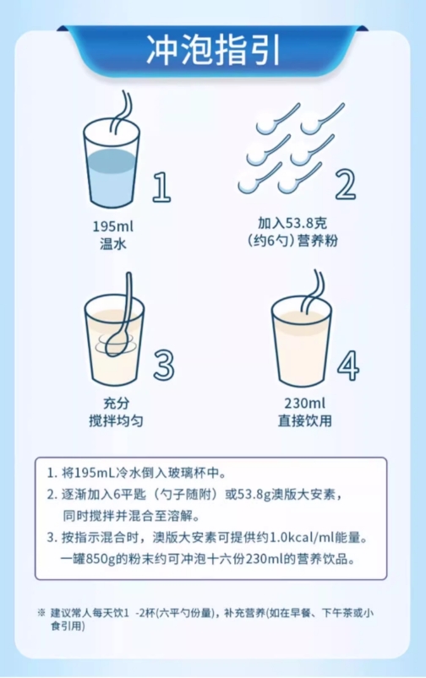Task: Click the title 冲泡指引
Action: point(213,51)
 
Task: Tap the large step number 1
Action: point(161,187)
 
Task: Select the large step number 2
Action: point(346,184)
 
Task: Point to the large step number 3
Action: point(164,365)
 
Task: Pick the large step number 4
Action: point(348,366)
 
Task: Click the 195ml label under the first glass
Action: point(113,226)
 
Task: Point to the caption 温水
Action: point(113,244)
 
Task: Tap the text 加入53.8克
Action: point(292,223)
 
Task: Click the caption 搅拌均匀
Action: point(116,420)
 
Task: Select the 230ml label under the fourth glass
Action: point(305,404)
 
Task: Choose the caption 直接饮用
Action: point(305,420)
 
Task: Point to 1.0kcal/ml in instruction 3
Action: point(303,538)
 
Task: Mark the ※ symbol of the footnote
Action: point(41,613)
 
